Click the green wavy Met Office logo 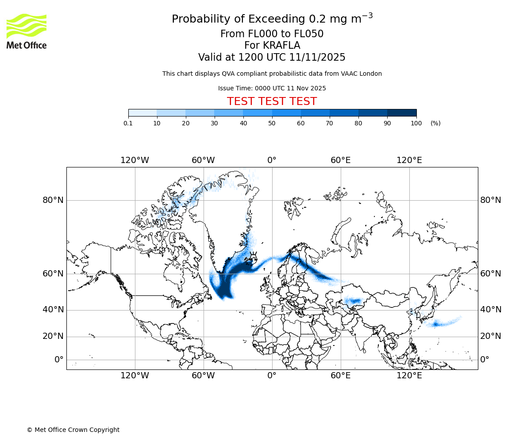tap(27, 26)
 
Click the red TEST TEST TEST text tap(272, 102)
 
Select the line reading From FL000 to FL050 tap(272, 34)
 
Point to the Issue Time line tap(272, 88)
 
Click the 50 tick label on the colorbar tap(272, 123)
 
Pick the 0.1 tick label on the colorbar tap(128, 123)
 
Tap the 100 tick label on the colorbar tap(416, 123)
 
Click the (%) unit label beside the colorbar tap(435, 123)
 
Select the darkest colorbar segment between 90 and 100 tap(402, 113)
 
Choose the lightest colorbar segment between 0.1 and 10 tap(142, 113)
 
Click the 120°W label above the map tap(135, 160)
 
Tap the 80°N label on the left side tap(53, 200)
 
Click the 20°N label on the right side tap(491, 336)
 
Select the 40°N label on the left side tap(53, 310)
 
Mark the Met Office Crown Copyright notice tap(73, 430)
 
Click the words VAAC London tap(362, 74)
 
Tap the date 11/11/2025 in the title tap(317, 58)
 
